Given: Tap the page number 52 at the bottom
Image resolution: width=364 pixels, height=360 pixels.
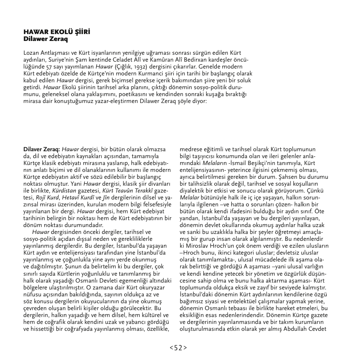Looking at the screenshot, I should (178, 347).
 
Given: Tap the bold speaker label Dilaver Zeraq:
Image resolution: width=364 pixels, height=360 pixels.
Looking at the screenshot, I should (42, 150).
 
